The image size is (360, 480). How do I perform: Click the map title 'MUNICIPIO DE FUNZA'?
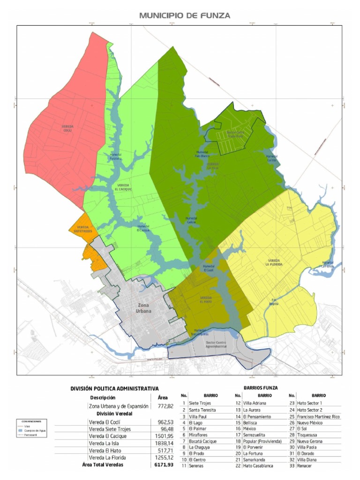pos(185,15)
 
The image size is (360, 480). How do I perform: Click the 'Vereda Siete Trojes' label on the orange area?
pos(82,229)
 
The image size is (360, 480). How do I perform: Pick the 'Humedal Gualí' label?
pos(208,268)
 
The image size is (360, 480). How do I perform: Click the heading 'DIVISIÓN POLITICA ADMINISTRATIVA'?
pos(114,389)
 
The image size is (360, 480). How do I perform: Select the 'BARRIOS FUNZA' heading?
pos(261,388)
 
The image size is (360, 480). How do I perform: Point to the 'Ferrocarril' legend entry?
pos(31,435)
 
